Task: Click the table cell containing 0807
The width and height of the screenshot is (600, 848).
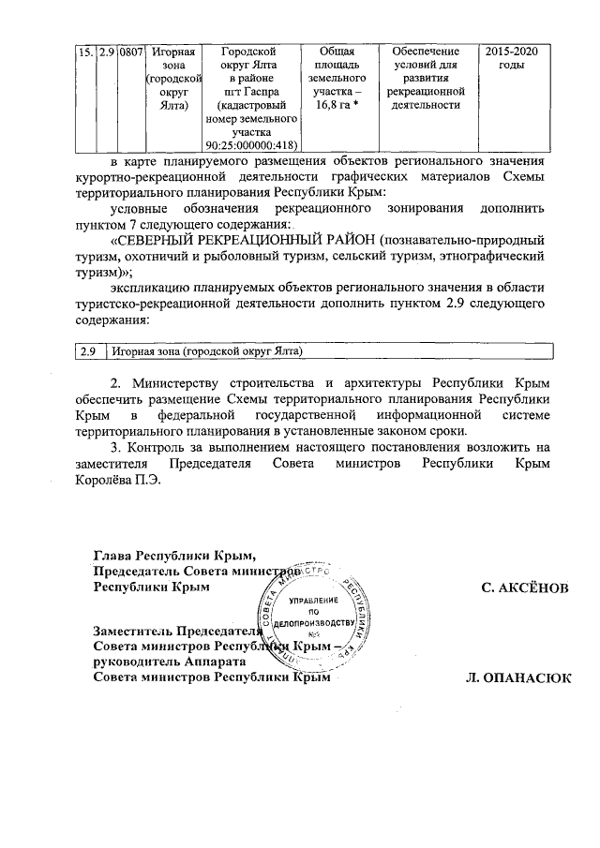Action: click(x=130, y=51)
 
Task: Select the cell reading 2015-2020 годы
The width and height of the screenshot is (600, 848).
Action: click(x=511, y=57)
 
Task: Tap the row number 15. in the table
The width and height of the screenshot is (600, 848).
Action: click(x=83, y=51)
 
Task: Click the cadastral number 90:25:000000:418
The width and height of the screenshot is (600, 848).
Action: click(x=250, y=144)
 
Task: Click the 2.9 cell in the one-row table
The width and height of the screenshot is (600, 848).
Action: click(x=87, y=350)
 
